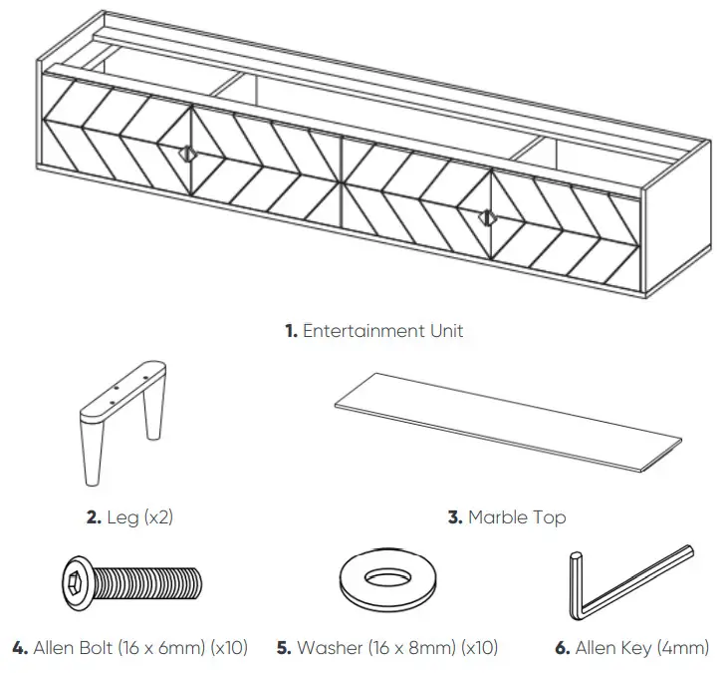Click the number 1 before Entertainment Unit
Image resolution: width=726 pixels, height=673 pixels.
(290, 331)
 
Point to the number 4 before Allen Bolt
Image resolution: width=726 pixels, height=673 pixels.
(19, 648)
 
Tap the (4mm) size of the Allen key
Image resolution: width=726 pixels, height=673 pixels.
(684, 648)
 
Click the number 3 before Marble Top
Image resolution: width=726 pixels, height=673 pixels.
(454, 517)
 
